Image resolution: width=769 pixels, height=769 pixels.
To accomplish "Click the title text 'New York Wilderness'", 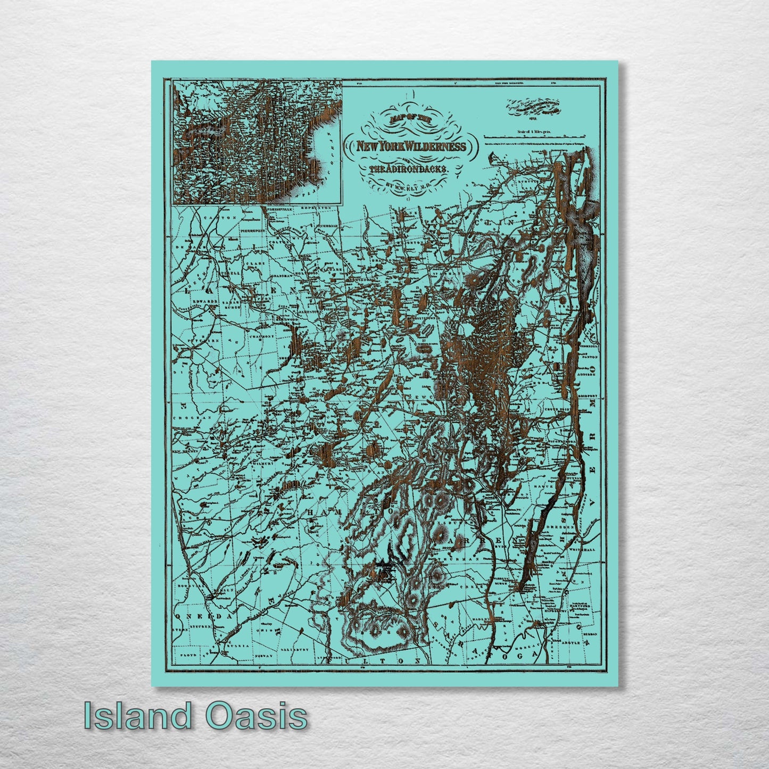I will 405,146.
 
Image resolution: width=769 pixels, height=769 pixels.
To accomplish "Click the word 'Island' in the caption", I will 137,716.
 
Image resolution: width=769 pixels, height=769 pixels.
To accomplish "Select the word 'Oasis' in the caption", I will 257,716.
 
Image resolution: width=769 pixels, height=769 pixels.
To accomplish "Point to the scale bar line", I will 543,137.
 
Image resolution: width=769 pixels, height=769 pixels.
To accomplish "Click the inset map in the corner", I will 257,142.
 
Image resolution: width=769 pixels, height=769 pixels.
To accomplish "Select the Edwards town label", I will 205,301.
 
